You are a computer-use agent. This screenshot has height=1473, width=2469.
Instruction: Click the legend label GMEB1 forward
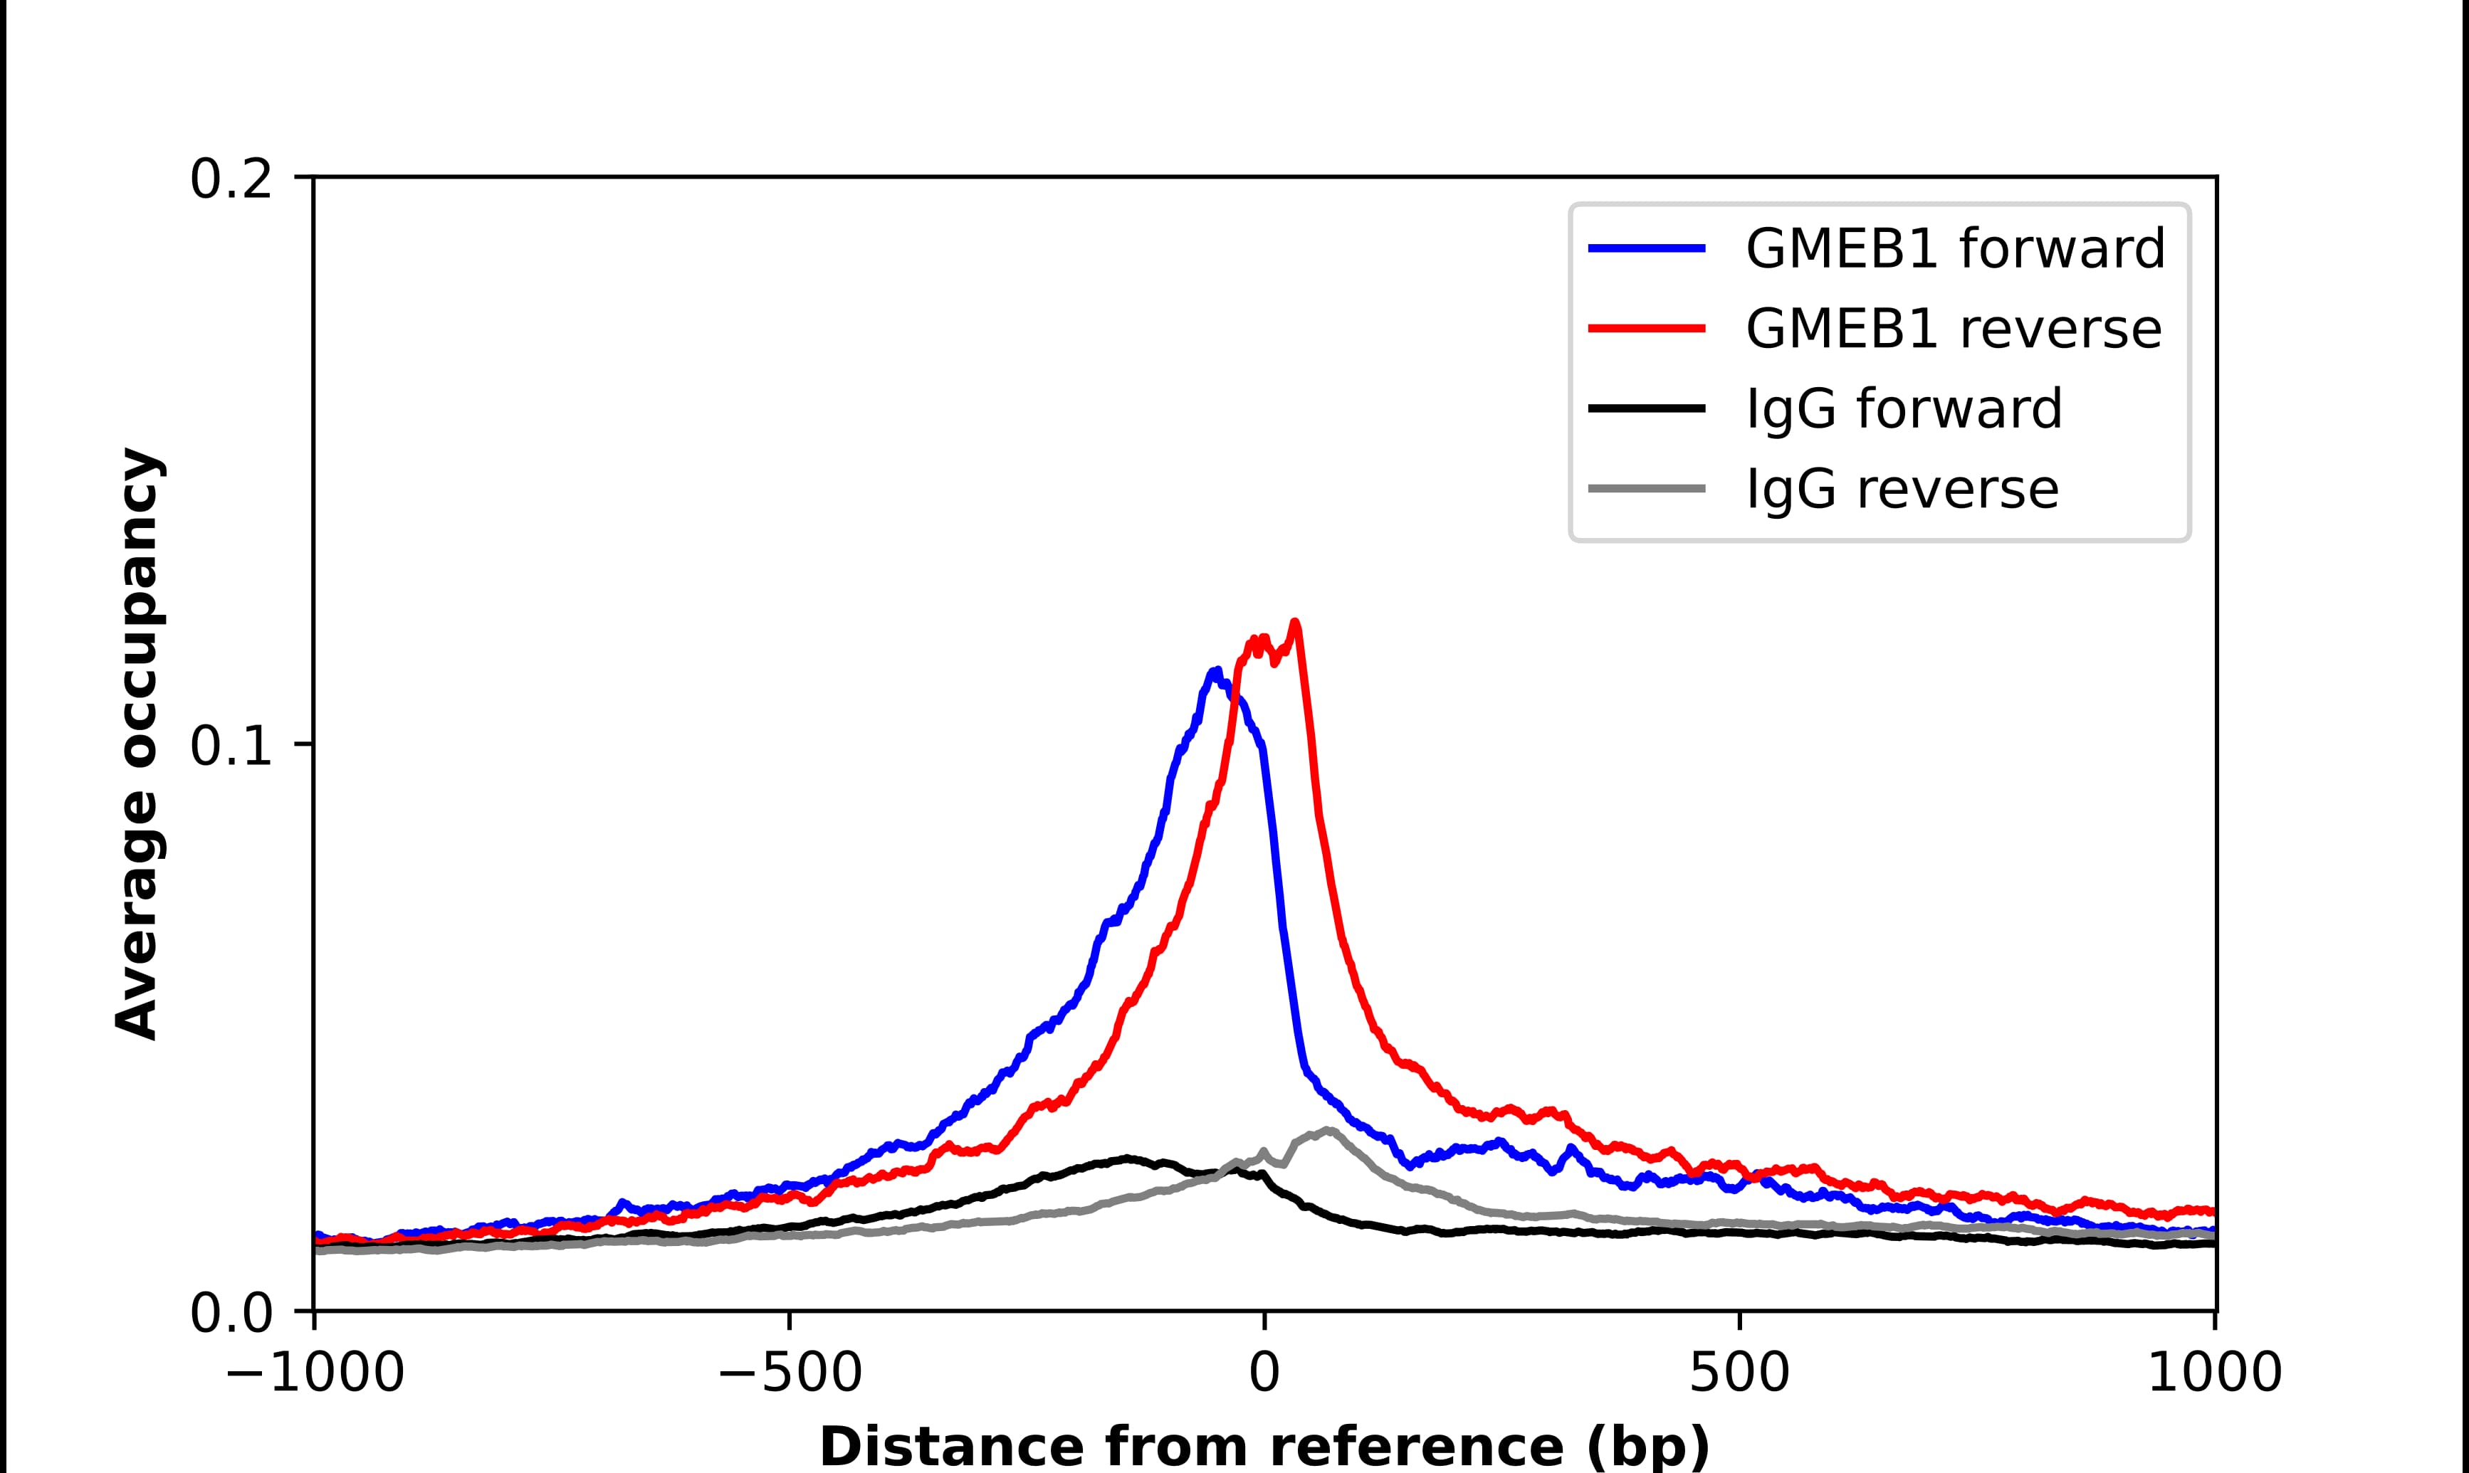(1955, 248)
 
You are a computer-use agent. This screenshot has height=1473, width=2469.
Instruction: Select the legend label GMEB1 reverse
(1953, 329)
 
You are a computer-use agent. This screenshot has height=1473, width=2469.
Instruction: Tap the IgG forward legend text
(1903, 409)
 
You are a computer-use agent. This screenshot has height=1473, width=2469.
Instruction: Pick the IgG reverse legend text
(1901, 490)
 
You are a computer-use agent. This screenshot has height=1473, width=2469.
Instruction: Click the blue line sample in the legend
(1647, 248)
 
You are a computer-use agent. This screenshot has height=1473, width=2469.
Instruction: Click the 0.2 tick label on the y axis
(231, 179)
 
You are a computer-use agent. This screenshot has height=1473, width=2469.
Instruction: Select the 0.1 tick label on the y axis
(231, 746)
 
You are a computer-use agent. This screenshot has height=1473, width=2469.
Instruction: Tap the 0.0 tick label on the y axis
(231, 1314)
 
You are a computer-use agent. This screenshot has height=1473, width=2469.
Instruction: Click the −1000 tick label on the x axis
(315, 1375)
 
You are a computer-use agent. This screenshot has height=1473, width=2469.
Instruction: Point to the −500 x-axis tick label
(790, 1375)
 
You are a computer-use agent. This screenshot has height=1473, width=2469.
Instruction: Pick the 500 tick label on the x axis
(1739, 1375)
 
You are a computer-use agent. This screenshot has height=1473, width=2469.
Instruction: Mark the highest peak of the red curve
(1294, 623)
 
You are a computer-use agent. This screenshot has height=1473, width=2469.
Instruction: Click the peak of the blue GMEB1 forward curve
(1215, 672)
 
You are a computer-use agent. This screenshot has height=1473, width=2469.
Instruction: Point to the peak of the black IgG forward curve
(1126, 1157)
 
